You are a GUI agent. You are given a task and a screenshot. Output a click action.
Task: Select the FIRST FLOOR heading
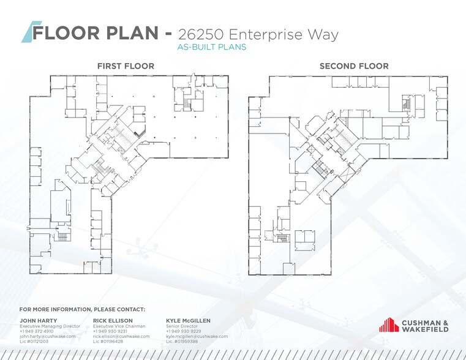click(x=126, y=66)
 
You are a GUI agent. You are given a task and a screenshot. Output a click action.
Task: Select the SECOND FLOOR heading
click(x=353, y=66)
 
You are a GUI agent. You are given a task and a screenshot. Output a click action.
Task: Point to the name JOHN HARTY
click(x=39, y=320)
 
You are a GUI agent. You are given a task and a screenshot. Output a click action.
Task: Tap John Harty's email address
click(x=47, y=336)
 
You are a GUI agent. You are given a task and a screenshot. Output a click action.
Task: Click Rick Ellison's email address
click(x=121, y=336)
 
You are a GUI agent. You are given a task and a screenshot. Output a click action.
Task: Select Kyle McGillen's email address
click(x=197, y=336)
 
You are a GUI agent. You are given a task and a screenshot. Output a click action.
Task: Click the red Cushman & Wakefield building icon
click(x=388, y=325)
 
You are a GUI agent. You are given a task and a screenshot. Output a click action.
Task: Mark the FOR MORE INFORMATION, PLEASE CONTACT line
click(x=82, y=309)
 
